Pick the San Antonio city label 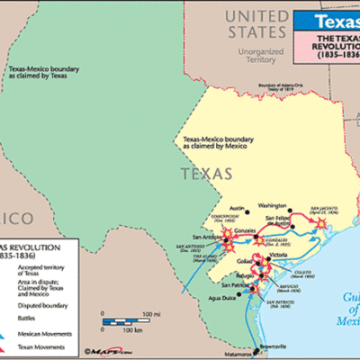[x=196, y=238]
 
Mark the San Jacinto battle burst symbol [x=318, y=220]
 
